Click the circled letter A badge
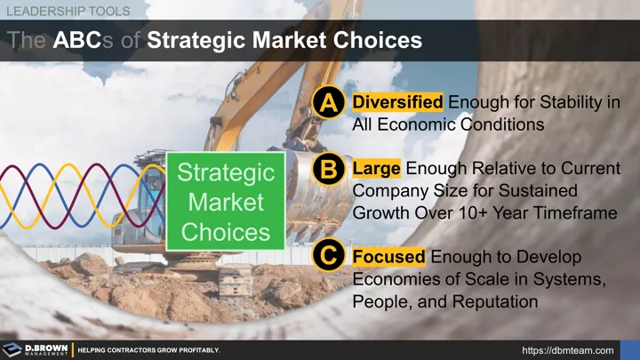(x=329, y=102)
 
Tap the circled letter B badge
(x=329, y=169)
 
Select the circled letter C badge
(x=329, y=255)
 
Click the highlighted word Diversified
(x=397, y=102)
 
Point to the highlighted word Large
(x=376, y=168)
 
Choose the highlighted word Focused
(x=388, y=257)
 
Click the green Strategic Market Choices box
(x=225, y=201)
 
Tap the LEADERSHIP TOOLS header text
(x=68, y=11)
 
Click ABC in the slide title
(x=76, y=40)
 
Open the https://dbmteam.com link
(x=568, y=350)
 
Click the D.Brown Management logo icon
(x=12, y=350)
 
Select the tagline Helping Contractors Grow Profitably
(x=148, y=350)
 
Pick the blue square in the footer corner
(x=630, y=350)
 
